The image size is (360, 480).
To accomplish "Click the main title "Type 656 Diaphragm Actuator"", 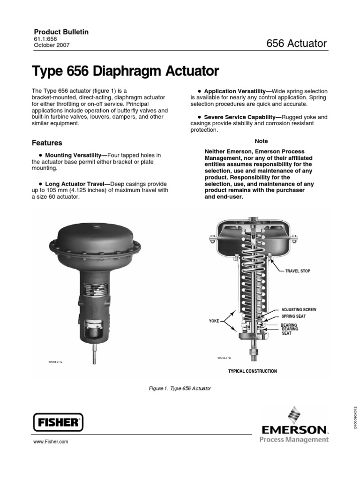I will pos(125,72).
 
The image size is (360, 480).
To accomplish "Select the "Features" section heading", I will pos(46,142).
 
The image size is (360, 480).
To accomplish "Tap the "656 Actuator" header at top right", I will pos(296,44).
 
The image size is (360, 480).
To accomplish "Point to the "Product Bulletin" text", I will pos(60,32).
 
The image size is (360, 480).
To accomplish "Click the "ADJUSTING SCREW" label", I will pos(299,310).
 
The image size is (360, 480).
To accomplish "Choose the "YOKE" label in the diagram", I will pos(214,321).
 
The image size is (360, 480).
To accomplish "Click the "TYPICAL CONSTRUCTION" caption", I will pos(252,371).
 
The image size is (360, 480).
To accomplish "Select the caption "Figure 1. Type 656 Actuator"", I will pos(180,389).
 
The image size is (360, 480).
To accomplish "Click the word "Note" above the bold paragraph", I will pos(261,141).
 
